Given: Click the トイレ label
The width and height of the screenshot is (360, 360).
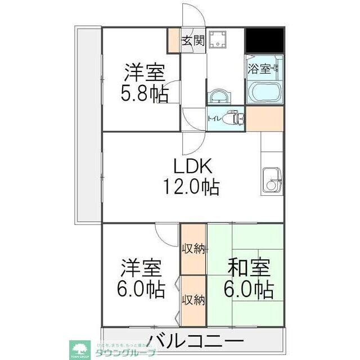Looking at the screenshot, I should tap(214, 119).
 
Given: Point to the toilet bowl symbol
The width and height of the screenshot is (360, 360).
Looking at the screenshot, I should tap(233, 119).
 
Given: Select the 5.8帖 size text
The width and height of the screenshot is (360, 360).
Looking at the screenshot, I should tap(145, 93).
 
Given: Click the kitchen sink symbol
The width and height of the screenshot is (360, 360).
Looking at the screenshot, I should tap(272, 180).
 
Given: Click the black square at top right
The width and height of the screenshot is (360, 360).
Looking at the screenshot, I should tap(264, 39).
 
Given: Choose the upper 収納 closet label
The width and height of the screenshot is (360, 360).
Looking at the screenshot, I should tap(193, 248).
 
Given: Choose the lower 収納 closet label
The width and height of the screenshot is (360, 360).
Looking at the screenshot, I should tap(193, 299).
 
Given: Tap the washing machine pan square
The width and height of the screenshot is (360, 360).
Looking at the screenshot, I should tap(217, 40).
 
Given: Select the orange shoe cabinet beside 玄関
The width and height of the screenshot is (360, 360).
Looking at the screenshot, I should tap(174, 40).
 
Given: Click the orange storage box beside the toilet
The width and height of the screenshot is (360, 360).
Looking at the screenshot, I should tap(264, 118).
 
